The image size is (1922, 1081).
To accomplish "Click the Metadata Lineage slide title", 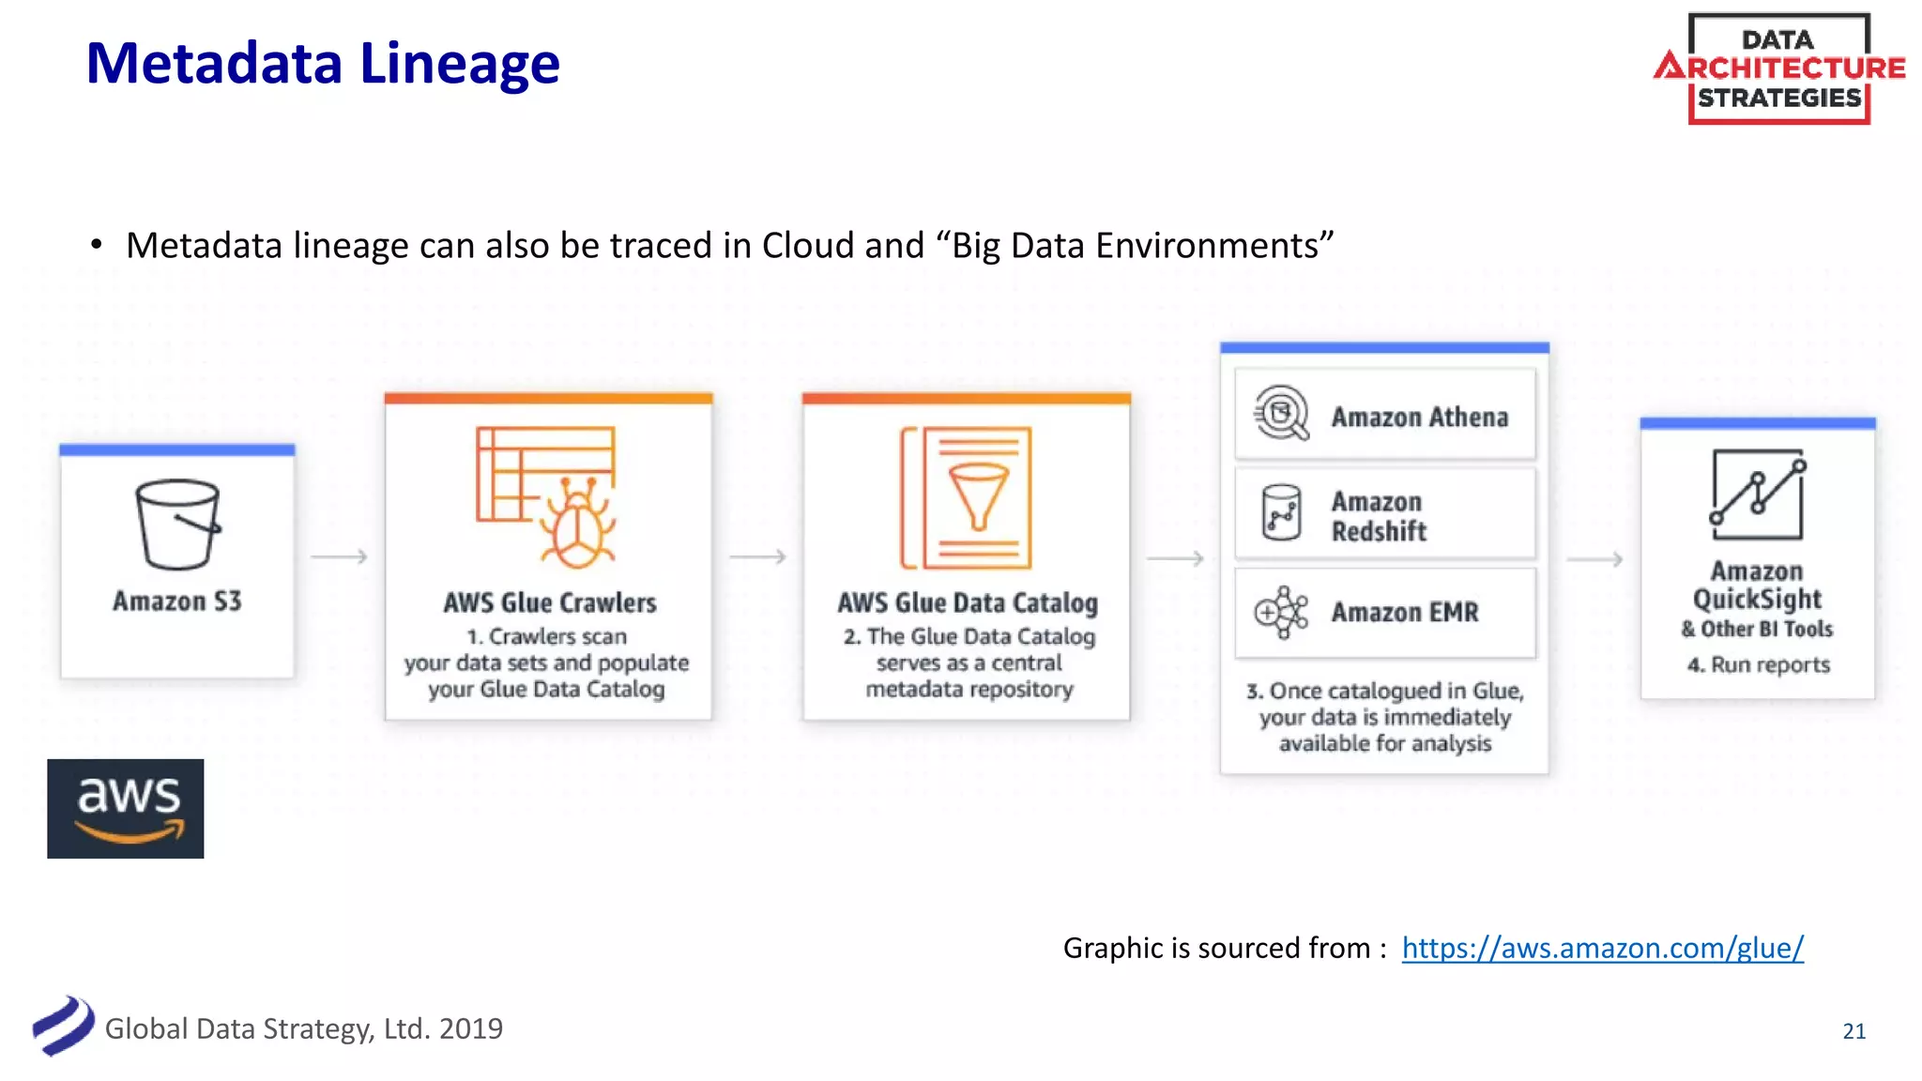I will click(322, 64).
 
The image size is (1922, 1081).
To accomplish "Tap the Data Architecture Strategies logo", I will click(1778, 69).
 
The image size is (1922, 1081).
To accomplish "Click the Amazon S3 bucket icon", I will click(177, 525).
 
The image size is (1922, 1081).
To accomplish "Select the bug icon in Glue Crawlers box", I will click(576, 525).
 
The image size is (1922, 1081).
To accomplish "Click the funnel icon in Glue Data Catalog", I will click(978, 495).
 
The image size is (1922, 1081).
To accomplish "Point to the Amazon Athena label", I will click(1419, 417).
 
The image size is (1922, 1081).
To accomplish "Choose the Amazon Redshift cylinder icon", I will click(1281, 512).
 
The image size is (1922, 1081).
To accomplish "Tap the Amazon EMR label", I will click(1404, 613).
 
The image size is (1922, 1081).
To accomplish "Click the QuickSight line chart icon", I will click(1757, 495).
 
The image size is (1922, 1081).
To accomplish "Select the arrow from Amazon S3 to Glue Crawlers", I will click(339, 556).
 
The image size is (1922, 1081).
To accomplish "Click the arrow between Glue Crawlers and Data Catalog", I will click(757, 556).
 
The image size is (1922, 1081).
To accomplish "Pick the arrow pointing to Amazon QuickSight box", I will click(1594, 559).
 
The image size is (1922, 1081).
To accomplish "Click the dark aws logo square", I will click(126, 808).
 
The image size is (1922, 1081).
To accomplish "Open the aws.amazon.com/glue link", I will click(1602, 948).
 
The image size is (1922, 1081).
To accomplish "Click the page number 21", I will click(1853, 1031).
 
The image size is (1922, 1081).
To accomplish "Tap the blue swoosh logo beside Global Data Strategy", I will click(63, 1026).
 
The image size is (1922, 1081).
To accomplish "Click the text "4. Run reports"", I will click(1758, 665).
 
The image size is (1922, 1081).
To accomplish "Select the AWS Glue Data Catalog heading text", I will click(968, 602).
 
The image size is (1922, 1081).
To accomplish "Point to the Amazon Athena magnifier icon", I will click(1281, 413).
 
